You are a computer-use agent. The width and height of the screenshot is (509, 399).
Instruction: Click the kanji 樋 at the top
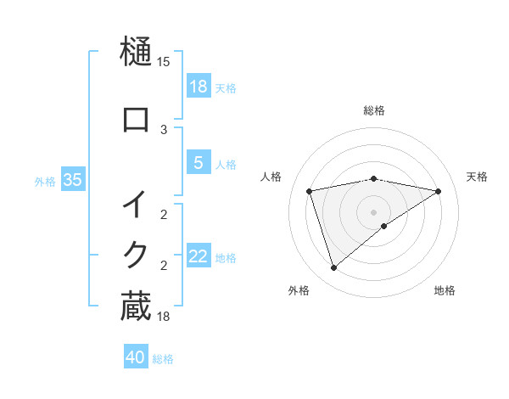coord(136,52)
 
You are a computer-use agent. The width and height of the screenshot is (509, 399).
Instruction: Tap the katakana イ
coord(136,205)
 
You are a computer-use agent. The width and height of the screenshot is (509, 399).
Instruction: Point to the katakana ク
coord(136,254)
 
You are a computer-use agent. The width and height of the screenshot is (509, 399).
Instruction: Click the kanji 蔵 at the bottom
coord(136,306)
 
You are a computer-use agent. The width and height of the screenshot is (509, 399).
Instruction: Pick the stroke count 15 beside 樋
coord(164,62)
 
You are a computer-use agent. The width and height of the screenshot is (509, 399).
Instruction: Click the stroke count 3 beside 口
coord(164,129)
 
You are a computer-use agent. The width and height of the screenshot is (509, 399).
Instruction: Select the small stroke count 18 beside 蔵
coord(164,317)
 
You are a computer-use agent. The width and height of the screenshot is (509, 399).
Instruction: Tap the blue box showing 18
coord(199,86)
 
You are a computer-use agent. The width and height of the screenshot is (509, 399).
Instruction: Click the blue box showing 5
coord(199,163)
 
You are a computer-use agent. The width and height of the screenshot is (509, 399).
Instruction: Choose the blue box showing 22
coord(199,256)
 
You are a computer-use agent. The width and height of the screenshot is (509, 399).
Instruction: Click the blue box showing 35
coord(73,180)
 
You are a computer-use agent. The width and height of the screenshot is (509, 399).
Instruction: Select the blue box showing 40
coord(136,357)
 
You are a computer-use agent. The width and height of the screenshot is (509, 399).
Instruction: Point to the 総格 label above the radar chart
coord(374,110)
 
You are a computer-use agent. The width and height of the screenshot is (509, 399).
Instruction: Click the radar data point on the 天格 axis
coord(439,191)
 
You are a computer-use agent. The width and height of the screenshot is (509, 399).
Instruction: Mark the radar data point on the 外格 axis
coord(333,268)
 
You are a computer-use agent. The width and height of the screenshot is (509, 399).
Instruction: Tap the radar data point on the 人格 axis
coord(310,191)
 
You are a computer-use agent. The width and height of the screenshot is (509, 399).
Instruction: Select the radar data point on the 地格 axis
coord(384,226)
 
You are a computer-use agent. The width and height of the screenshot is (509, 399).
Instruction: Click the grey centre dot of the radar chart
coord(374,211)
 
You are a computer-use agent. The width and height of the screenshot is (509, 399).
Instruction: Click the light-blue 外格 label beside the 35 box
coord(46,181)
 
